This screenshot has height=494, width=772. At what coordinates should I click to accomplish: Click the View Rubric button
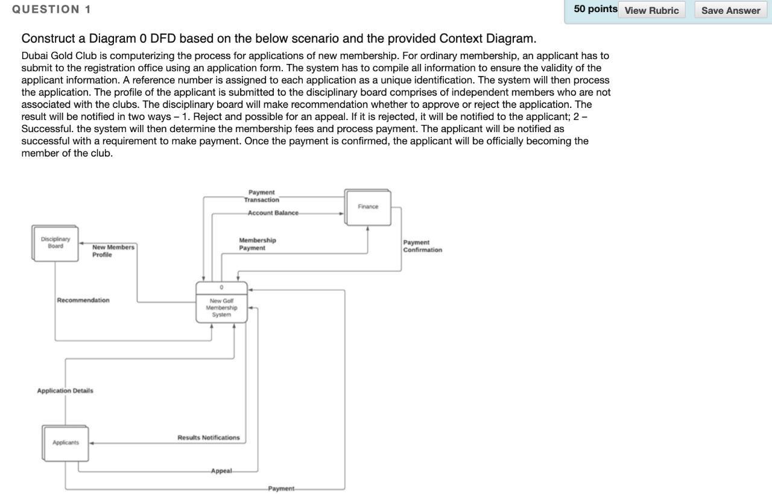(x=651, y=10)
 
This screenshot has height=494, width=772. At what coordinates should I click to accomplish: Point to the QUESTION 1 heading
(x=52, y=9)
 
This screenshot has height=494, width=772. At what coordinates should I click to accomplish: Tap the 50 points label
(x=595, y=9)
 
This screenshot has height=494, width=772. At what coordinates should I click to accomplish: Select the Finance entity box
(x=368, y=207)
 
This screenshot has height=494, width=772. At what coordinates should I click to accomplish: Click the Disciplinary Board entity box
(x=55, y=243)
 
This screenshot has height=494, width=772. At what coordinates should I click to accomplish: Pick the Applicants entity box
(x=66, y=443)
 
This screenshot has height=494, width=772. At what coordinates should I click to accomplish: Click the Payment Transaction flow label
(x=261, y=196)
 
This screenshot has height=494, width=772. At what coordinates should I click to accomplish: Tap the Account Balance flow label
(x=273, y=213)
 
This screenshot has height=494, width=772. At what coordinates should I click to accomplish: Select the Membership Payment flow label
(x=257, y=244)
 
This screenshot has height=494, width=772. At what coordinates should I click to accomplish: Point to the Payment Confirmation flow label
(x=422, y=246)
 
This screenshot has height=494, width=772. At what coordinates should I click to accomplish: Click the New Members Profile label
(x=113, y=251)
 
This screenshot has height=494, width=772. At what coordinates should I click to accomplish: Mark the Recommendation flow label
(x=83, y=300)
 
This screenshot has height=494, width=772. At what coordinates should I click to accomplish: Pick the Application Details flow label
(x=65, y=391)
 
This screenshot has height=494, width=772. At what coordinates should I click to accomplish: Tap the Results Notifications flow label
(x=208, y=437)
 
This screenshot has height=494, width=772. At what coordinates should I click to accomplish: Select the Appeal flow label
(x=221, y=470)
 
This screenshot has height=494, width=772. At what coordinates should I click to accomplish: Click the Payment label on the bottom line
(x=281, y=489)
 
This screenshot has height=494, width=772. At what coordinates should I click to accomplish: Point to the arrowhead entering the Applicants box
(x=92, y=443)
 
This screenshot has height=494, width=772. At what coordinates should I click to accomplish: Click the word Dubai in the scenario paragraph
(x=34, y=55)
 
